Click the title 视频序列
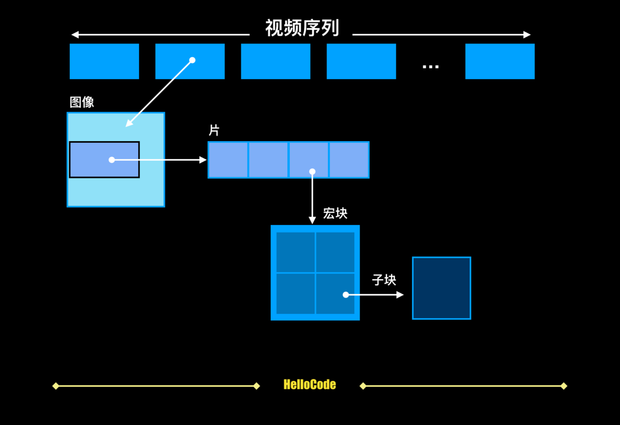(302, 28)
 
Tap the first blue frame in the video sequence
(104, 61)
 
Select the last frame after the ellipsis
(500, 61)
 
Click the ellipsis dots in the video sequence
(430, 66)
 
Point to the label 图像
(82, 102)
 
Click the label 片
(214, 130)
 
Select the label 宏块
(335, 213)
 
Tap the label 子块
(384, 280)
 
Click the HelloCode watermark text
(309, 385)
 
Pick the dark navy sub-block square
(441, 288)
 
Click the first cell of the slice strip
(228, 160)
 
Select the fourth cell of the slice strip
(349, 160)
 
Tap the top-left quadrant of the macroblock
(296, 252)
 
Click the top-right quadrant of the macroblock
(335, 252)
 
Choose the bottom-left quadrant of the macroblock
(296, 293)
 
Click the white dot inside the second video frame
(192, 60)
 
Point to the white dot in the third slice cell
(312, 171)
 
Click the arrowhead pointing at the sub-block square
(400, 295)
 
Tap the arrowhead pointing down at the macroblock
(312, 220)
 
